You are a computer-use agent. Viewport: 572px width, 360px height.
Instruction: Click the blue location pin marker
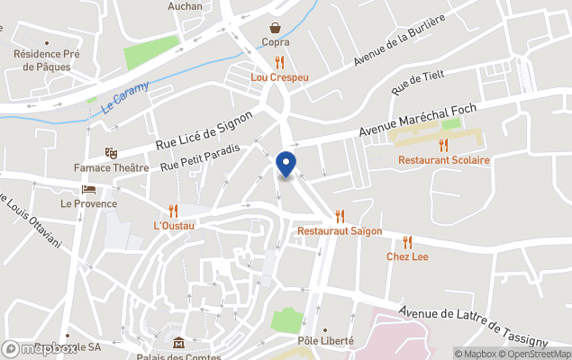(x=286, y=165)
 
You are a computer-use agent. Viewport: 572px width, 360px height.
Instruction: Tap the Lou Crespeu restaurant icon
(x=279, y=62)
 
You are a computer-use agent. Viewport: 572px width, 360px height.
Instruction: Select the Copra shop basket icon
(x=275, y=28)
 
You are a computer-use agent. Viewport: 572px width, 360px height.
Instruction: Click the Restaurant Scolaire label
(x=444, y=160)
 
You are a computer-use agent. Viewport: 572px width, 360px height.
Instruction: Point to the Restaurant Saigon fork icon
(x=340, y=216)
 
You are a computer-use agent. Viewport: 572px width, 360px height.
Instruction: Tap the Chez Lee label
(x=407, y=257)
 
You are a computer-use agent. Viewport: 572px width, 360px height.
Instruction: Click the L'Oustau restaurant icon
(x=174, y=210)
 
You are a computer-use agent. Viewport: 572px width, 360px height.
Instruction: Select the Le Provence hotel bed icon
(x=88, y=189)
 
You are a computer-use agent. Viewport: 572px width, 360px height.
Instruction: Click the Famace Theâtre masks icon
(x=111, y=154)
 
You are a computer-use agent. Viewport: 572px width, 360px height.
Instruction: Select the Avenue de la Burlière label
(x=399, y=43)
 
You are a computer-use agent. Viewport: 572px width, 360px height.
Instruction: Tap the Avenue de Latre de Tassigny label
(x=473, y=326)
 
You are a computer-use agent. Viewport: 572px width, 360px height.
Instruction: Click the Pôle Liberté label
(x=325, y=341)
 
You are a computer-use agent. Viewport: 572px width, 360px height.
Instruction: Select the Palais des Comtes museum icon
(x=178, y=342)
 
